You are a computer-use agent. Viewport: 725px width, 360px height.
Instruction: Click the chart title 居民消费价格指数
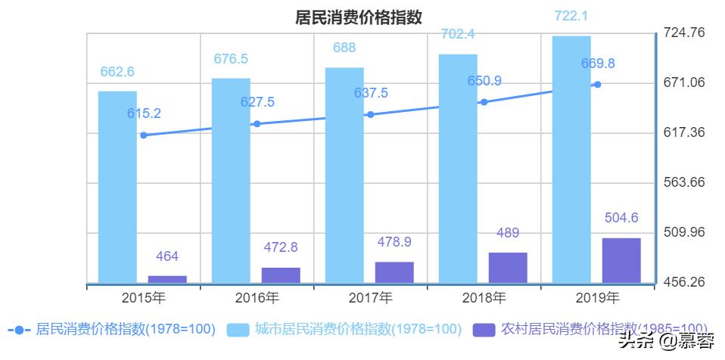pyautogui.click(x=358, y=17)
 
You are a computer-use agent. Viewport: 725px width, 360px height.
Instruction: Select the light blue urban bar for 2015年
pyautogui.click(x=117, y=187)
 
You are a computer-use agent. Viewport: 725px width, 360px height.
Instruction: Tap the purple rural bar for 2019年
pyautogui.click(x=621, y=260)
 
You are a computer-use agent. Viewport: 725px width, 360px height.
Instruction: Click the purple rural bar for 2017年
pyautogui.click(x=394, y=272)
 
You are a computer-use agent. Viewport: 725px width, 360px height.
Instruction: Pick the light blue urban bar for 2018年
pyautogui.click(x=458, y=168)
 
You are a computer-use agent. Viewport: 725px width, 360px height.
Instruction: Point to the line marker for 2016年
pyautogui.click(x=257, y=124)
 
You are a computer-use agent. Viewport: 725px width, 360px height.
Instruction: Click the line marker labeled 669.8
pyautogui.click(x=597, y=84)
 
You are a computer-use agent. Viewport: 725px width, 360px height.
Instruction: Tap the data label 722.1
pyautogui.click(x=571, y=15)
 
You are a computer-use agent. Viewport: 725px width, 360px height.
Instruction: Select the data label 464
pyautogui.click(x=166, y=256)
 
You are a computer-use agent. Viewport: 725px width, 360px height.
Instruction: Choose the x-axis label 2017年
pyautogui.click(x=371, y=297)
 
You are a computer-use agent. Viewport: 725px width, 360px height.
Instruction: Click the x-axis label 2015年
pyautogui.click(x=144, y=297)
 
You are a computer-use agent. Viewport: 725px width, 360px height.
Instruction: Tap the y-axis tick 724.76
pyautogui.click(x=684, y=33)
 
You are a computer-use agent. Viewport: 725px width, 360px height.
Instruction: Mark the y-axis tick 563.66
pyautogui.click(x=684, y=182)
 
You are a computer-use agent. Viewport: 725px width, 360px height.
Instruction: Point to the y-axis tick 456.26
pyautogui.click(x=684, y=282)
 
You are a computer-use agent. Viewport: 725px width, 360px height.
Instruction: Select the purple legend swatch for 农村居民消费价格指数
pyautogui.click(x=484, y=330)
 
